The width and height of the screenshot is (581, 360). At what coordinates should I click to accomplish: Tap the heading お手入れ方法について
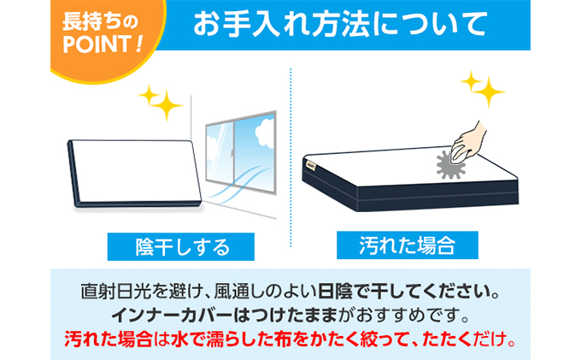pos(343,25)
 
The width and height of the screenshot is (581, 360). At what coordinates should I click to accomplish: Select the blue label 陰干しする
pos(182,247)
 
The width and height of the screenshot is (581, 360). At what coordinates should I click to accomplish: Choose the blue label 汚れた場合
pos(406,246)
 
